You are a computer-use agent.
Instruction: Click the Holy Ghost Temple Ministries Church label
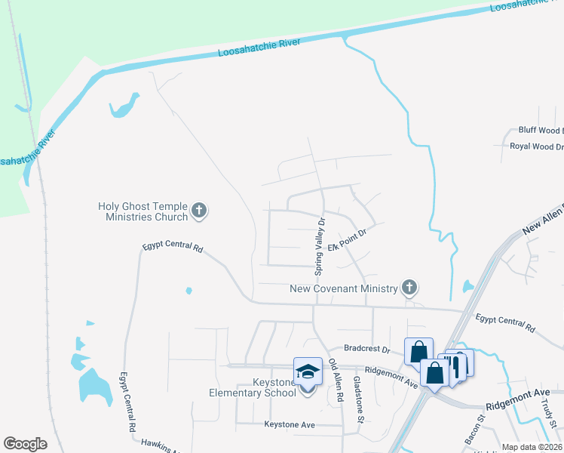point(143,211)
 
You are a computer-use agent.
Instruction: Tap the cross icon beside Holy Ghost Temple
point(199,211)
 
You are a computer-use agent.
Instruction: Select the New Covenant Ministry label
point(344,288)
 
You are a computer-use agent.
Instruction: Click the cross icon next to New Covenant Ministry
point(409,287)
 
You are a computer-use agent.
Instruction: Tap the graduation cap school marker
point(307,371)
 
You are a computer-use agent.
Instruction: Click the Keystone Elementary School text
point(253,387)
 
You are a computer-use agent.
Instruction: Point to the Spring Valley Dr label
point(320,246)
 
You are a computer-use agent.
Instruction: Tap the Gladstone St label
point(360,400)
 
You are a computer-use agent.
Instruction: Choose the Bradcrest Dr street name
point(366,350)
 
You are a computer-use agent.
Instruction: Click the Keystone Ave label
point(289,425)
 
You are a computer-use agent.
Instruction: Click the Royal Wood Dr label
point(536,146)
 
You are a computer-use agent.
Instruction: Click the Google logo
point(25,444)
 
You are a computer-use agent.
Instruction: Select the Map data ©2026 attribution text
point(532,447)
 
